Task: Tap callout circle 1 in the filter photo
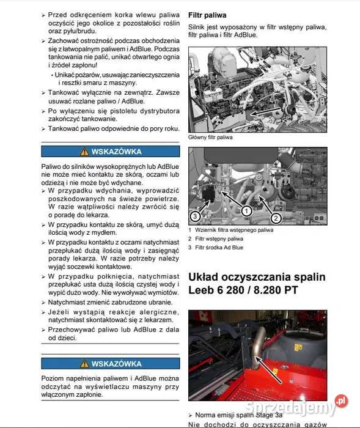coord(246,210)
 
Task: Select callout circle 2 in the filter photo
coord(276,217)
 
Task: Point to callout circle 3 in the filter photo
coord(195,215)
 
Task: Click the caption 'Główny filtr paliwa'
coord(210,138)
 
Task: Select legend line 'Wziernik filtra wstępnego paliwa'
coord(234,231)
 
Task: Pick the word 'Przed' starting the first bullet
coord(58,13)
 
